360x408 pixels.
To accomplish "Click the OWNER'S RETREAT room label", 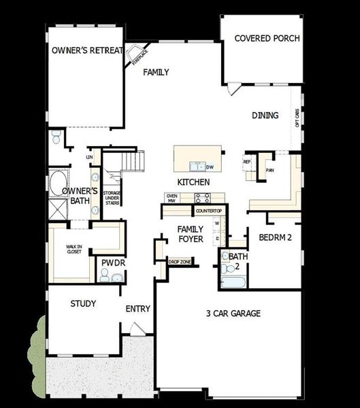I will click(88, 51).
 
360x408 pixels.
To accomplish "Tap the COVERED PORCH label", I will click(267, 39).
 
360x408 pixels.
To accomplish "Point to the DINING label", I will click(265, 116).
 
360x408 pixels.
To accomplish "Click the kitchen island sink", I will click(197, 166).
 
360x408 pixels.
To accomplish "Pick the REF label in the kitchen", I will click(247, 162).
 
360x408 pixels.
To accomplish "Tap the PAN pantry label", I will click(269, 170).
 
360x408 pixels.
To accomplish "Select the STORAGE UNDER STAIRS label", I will click(112, 202).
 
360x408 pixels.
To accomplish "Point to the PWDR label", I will click(111, 262).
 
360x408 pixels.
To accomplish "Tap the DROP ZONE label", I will click(180, 262).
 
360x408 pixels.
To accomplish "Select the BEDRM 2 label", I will click(275, 237).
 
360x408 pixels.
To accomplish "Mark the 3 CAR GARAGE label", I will click(233, 313).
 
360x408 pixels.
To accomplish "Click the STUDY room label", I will click(83, 303).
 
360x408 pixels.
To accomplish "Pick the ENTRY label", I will click(137, 309).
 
